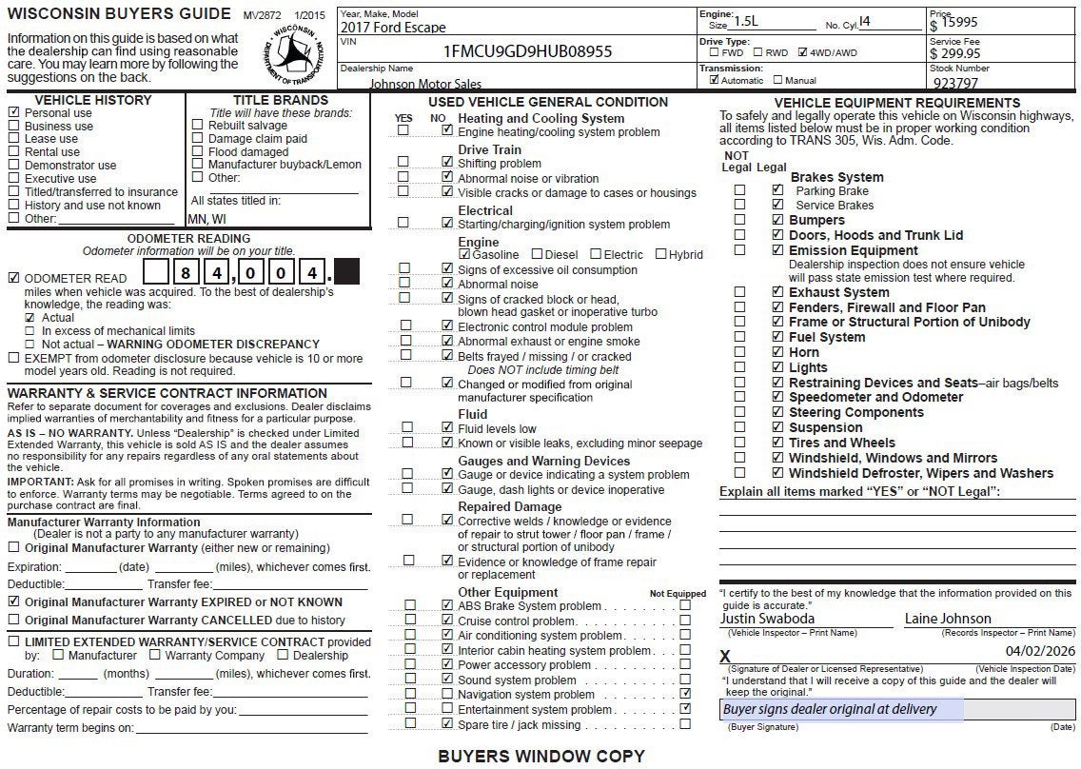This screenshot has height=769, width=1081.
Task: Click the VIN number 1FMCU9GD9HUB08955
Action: click(x=527, y=51)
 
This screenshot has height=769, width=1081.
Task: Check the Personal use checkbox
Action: click(x=13, y=112)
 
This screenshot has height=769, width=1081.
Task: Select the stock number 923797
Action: click(x=955, y=83)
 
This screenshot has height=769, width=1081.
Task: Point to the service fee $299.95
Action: click(x=955, y=53)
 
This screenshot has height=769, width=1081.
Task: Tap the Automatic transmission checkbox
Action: click(x=715, y=81)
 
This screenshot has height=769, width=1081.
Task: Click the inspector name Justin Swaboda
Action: click(x=761, y=619)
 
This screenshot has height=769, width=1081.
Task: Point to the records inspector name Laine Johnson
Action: click(x=948, y=619)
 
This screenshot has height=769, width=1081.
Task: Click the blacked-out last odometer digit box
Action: click(x=347, y=272)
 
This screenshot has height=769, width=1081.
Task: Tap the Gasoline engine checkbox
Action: click(x=464, y=254)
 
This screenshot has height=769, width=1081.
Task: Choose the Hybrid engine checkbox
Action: click(x=659, y=254)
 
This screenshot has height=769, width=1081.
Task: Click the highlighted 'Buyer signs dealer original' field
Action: click(x=842, y=709)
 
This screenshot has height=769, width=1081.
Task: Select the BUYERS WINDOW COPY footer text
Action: click(x=540, y=757)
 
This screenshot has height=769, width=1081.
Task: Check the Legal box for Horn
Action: click(x=777, y=352)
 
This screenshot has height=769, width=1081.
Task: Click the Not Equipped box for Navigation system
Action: click(x=685, y=694)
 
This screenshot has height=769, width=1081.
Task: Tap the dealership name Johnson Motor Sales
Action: click(x=425, y=84)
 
